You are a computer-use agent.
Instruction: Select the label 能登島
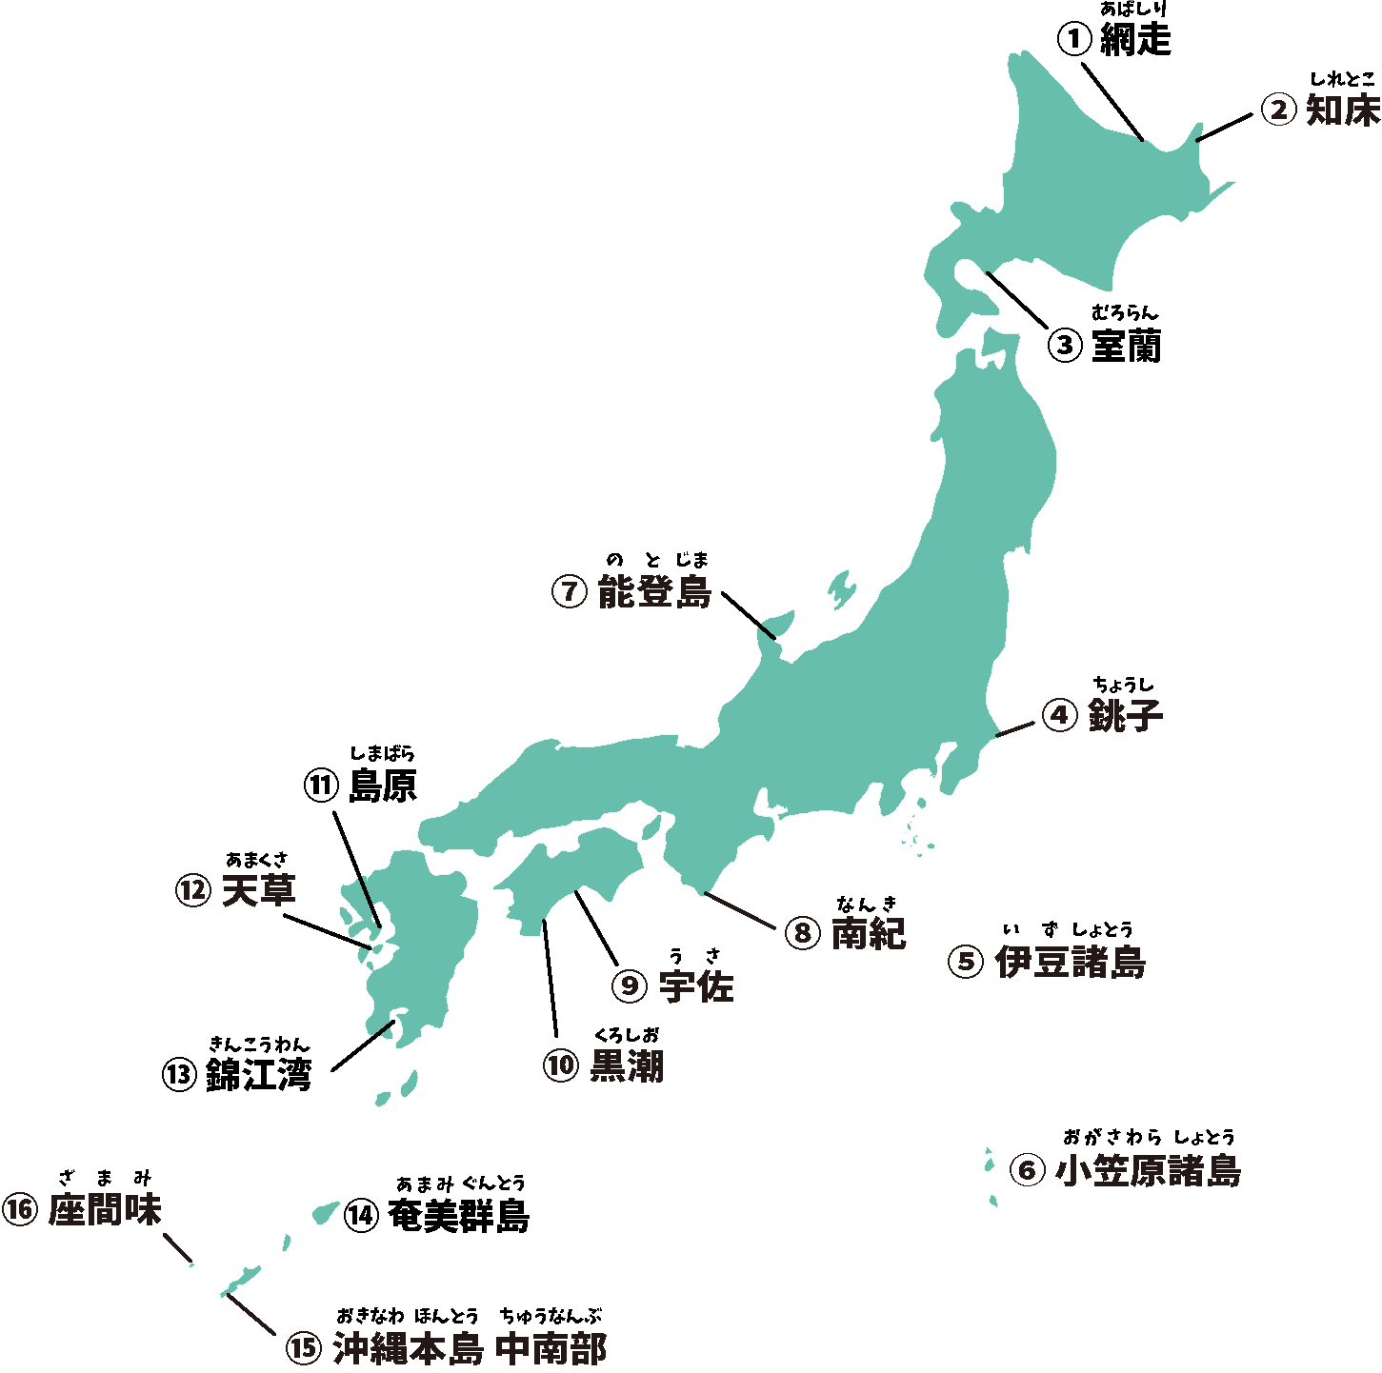tap(654, 592)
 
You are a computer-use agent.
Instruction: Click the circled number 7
tap(569, 592)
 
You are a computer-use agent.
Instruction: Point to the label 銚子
tap(1125, 715)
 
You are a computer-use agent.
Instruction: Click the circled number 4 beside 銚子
tap(1059, 715)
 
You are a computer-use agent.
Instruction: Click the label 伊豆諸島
tap(1070, 962)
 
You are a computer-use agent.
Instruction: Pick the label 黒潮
tap(627, 1066)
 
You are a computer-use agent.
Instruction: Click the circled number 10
tap(561, 1066)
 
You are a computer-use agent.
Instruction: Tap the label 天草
tap(258, 891)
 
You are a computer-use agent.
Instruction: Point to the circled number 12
tap(193, 892)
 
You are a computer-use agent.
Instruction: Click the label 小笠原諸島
tap(1148, 1170)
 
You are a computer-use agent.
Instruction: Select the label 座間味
tap(105, 1210)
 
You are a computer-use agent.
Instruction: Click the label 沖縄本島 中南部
tap(469, 1348)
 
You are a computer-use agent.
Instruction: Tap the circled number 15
tap(302, 1348)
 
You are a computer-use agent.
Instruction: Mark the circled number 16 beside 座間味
tap(19, 1211)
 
